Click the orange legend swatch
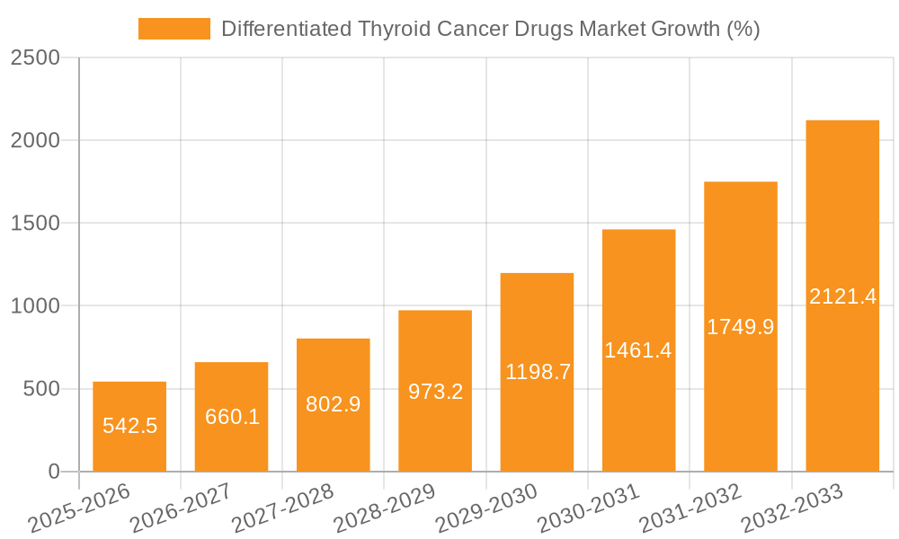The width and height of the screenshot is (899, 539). click(x=174, y=29)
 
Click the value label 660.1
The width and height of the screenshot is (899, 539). click(x=232, y=417)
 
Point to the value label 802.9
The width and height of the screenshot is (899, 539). click(x=334, y=404)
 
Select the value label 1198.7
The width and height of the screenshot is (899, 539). click(x=538, y=372)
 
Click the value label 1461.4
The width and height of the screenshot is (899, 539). click(x=638, y=350)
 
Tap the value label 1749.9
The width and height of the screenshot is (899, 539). click(x=741, y=327)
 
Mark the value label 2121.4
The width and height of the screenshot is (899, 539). click(x=842, y=296)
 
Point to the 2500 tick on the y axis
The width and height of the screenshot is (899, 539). click(x=35, y=58)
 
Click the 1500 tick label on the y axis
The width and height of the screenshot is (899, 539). click(x=35, y=224)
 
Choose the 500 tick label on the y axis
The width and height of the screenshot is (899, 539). click(x=41, y=389)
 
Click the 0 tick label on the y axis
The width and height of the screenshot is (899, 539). click(x=53, y=472)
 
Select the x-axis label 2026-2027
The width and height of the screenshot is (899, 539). click(x=181, y=507)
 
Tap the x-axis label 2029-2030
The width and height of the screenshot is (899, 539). click(x=486, y=507)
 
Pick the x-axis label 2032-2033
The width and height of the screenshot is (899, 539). click(x=792, y=507)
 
